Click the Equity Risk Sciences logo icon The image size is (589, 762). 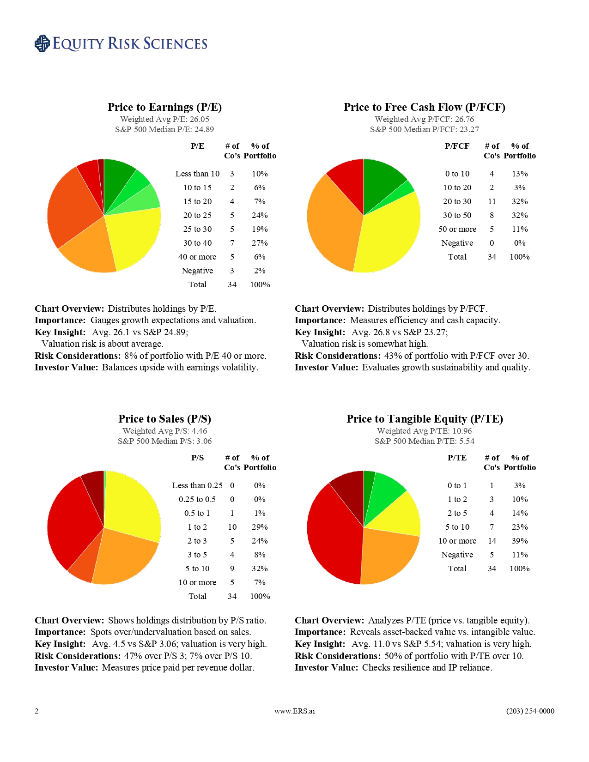42,43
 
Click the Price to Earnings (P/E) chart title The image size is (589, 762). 164,107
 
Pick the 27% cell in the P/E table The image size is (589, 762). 260,243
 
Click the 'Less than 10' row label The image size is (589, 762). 197,174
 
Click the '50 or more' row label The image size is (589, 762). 457,229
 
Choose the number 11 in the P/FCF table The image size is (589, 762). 492,201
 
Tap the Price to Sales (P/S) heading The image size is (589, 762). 164,419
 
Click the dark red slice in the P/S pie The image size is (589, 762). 94,485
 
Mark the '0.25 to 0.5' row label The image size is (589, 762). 197,499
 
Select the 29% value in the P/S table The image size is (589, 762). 260,527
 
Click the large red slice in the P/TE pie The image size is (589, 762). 333,536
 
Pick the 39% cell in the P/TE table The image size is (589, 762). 519,541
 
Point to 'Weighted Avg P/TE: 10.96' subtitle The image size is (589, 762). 424,431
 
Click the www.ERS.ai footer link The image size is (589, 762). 294,711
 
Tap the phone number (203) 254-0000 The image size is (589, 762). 530,711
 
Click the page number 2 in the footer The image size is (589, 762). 36,711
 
